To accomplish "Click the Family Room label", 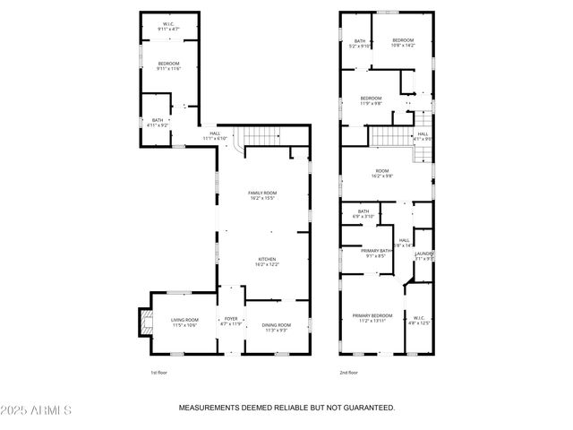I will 262,195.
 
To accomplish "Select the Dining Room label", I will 275,327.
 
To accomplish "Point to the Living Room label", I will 184,322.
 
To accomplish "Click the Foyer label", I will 231,321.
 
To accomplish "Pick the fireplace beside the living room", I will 141,321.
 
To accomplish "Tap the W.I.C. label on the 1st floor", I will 168,27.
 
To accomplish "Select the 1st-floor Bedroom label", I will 168,65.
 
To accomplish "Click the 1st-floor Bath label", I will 157,123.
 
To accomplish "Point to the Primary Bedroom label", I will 372,317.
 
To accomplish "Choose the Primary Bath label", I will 375,253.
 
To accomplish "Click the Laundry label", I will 424,257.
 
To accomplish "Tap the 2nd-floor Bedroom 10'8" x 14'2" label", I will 403,42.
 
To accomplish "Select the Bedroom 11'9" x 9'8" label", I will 371,100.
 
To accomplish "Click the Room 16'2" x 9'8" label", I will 383,173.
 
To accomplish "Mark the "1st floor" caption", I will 158,372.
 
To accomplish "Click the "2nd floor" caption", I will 348,372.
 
